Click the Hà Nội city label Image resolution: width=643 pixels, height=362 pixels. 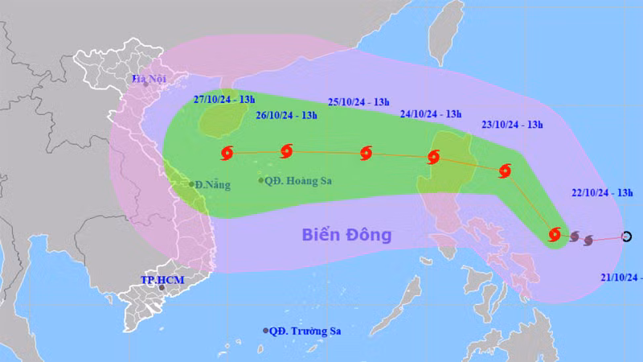pos(149,79)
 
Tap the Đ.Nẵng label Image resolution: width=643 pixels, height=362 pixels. pos(211,185)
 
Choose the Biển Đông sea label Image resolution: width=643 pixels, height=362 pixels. pos(346,235)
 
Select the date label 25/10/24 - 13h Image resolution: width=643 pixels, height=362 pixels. pos(358,101)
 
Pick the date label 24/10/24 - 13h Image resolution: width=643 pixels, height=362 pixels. pos(431,114)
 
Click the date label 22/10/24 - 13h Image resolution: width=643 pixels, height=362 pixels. pos(602,193)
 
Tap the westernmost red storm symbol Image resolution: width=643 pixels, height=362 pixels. pos(225,152)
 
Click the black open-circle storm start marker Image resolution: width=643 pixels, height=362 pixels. pos(627,237)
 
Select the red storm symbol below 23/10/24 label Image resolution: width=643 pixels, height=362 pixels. pos(505,170)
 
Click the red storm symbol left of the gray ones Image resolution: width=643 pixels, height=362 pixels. pos(554,234)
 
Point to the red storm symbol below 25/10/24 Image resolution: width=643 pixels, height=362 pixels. pos(367,152)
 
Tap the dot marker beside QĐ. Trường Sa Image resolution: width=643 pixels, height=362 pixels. pos(265,331)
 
